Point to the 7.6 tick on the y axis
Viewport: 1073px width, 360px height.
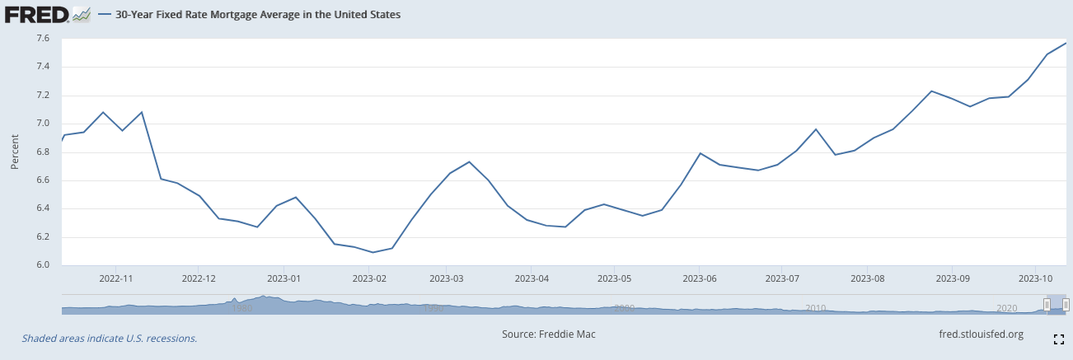click(43, 39)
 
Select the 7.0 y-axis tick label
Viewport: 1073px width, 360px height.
click(43, 124)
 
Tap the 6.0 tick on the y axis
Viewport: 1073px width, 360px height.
click(43, 265)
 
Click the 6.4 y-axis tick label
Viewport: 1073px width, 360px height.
click(43, 208)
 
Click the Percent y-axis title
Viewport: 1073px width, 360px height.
click(15, 152)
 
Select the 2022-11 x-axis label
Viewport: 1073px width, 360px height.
click(115, 279)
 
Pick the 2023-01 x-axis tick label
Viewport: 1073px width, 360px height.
click(283, 279)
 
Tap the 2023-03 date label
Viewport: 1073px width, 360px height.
click(445, 279)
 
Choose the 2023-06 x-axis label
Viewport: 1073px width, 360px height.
click(699, 279)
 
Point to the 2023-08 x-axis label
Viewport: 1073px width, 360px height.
click(867, 279)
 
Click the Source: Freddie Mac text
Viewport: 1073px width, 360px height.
click(548, 334)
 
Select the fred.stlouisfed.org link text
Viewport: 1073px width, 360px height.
click(981, 334)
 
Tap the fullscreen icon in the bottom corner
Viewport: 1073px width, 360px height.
click(1059, 339)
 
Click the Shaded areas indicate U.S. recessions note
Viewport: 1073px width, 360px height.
click(110, 339)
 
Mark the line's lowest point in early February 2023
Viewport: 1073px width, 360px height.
click(373, 252)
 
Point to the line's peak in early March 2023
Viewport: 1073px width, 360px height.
click(469, 161)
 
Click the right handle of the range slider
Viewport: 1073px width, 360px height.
click(1066, 305)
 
